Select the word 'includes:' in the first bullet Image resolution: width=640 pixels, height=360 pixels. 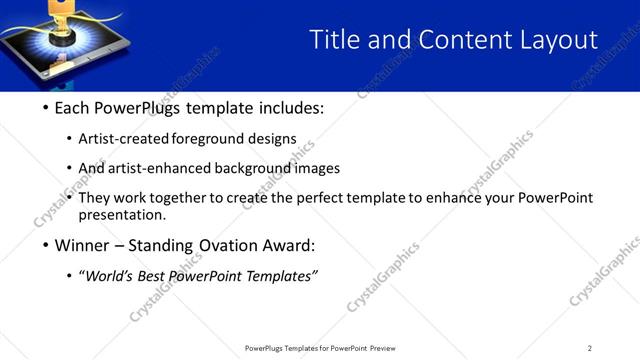click(x=291, y=108)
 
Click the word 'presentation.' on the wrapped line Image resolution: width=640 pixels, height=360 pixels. click(x=121, y=214)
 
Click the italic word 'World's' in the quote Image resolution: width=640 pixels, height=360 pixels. click(x=113, y=276)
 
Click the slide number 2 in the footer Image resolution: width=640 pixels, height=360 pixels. click(x=590, y=348)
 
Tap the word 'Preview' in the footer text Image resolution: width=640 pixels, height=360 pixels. click(x=388, y=348)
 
